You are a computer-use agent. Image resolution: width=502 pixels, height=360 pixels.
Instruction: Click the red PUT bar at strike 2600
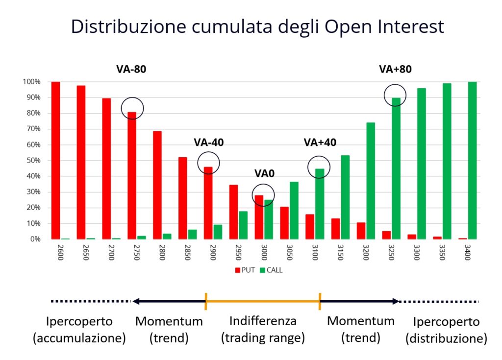(x=56, y=160)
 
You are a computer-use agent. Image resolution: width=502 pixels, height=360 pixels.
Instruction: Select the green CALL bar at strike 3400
(x=472, y=160)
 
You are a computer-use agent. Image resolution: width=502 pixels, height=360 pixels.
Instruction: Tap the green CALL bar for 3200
(x=371, y=181)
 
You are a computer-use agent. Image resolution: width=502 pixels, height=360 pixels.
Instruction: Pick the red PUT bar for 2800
(x=157, y=185)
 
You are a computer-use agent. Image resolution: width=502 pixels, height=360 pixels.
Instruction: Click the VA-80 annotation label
(x=131, y=69)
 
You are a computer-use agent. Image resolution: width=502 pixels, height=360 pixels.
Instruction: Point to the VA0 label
(x=264, y=173)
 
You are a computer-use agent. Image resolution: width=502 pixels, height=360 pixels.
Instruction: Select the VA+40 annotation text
(x=320, y=143)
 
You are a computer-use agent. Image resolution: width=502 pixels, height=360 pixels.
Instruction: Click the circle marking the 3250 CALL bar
(x=395, y=84)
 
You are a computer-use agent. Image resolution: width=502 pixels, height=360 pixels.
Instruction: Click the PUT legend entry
(x=245, y=270)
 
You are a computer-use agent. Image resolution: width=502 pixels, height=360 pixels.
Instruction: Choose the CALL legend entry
(x=271, y=270)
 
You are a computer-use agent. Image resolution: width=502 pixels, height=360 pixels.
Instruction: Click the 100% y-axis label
(x=31, y=82)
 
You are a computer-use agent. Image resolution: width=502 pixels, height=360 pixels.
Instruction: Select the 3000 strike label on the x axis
(x=264, y=252)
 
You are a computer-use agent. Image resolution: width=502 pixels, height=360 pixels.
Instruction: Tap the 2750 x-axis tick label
(x=137, y=252)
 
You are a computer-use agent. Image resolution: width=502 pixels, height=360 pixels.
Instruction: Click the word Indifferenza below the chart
(x=263, y=321)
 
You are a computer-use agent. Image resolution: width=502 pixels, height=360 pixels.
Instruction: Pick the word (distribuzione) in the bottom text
(x=446, y=338)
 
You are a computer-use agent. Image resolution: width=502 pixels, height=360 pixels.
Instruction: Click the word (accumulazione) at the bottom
(x=79, y=338)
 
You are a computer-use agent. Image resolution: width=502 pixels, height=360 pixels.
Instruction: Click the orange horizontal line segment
(x=263, y=301)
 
